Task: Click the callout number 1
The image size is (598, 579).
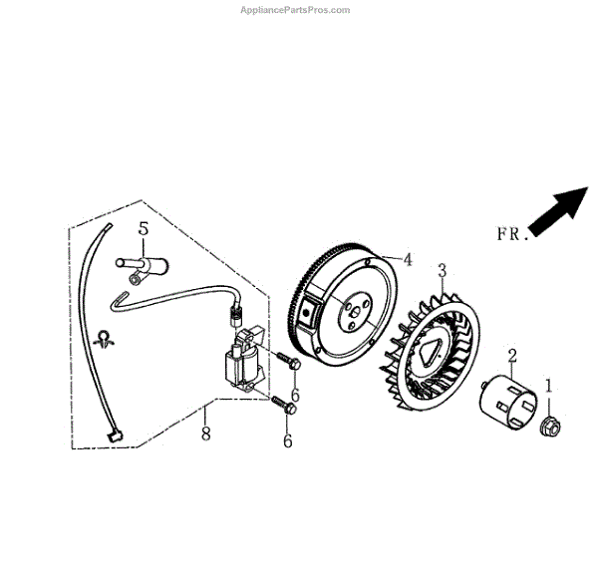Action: point(547,383)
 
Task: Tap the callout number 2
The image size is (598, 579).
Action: point(512,355)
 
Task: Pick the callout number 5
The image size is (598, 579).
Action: point(144,229)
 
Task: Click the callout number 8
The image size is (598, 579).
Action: point(206,433)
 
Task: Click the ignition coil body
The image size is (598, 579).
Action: point(244,365)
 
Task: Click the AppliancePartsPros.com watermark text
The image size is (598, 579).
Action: point(296,10)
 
